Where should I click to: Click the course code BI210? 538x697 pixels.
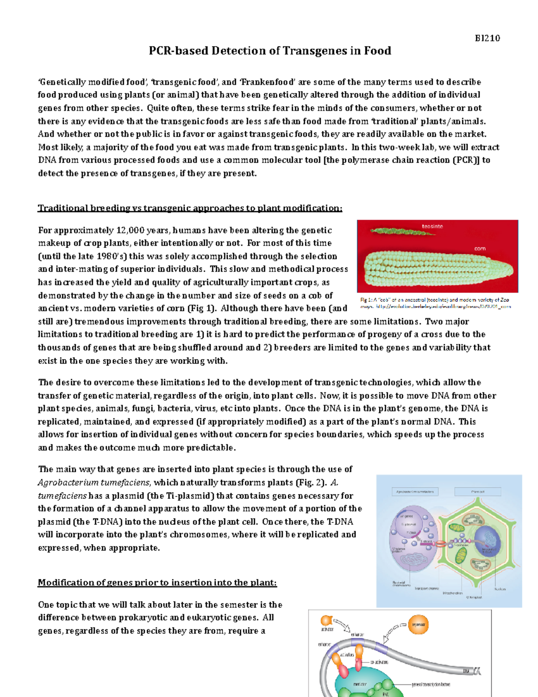pyautogui.click(x=487, y=38)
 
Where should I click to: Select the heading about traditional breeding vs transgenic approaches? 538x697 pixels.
pyautogui.click(x=190, y=208)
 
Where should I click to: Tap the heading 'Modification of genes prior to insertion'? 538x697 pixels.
pyautogui.click(x=157, y=583)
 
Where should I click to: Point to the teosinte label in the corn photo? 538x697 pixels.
pyautogui.click(x=432, y=226)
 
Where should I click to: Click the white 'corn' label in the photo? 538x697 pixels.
pyautogui.click(x=480, y=248)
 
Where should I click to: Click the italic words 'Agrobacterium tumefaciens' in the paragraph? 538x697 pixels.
pyautogui.click(x=94, y=482)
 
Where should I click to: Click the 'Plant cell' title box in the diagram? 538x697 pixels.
pyautogui.click(x=477, y=492)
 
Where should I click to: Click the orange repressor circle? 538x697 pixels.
pyautogui.click(x=418, y=625)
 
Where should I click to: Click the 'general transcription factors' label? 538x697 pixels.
pyautogui.click(x=431, y=684)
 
